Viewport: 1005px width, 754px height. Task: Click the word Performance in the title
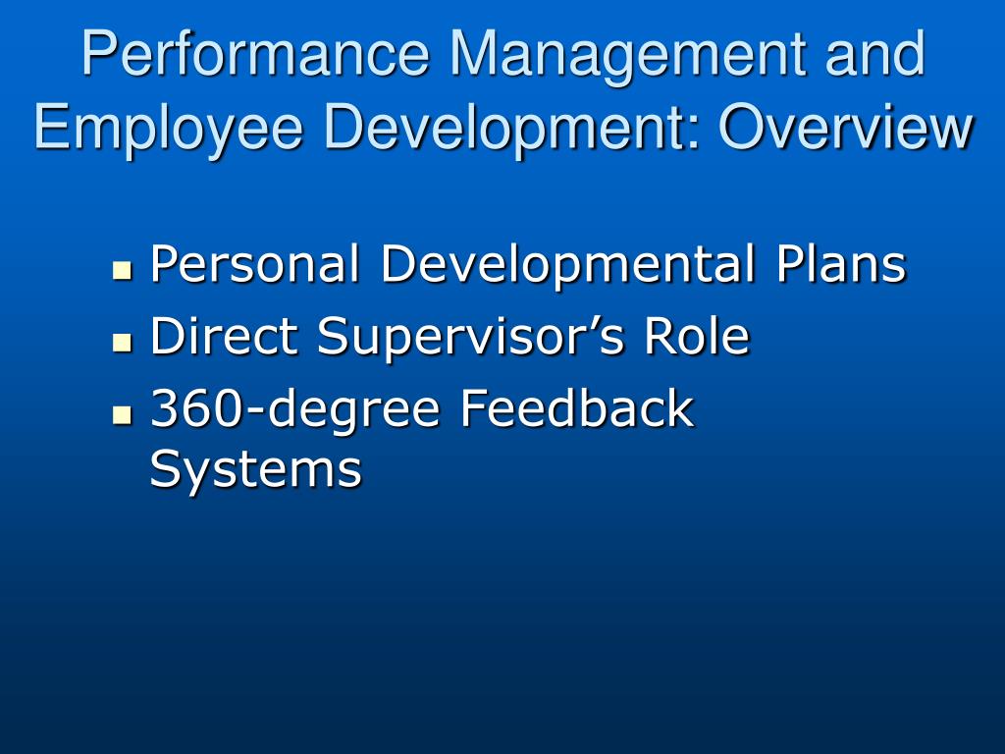[255, 54]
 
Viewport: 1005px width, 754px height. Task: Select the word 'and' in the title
[874, 54]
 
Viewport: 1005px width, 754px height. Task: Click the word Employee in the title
[168, 131]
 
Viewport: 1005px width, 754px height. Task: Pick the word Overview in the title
[846, 127]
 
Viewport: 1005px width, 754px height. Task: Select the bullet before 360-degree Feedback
[121, 415]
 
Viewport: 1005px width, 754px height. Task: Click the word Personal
[254, 263]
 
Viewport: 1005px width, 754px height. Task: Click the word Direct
[224, 336]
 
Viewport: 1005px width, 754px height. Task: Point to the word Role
[697, 336]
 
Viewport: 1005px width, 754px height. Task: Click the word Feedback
[577, 407]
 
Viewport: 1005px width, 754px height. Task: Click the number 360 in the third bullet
[196, 407]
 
